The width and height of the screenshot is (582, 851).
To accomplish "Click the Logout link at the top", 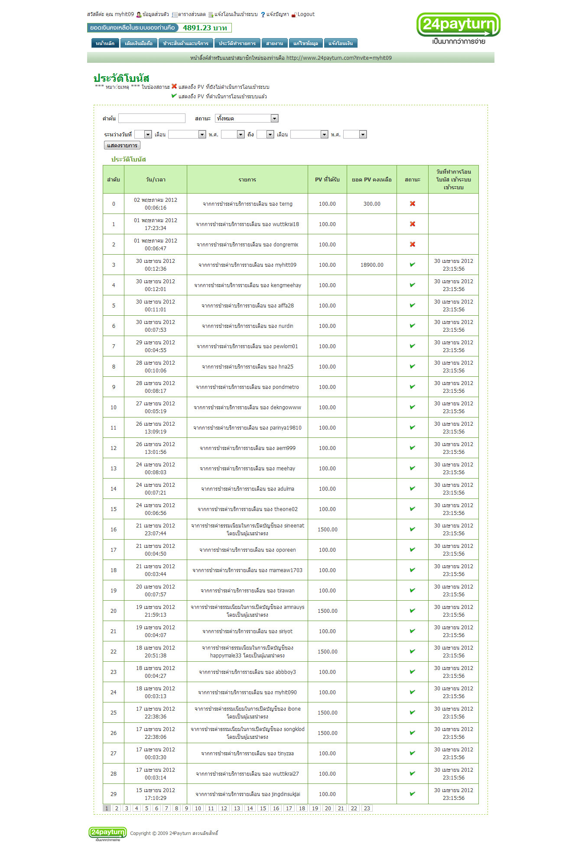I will pyautogui.click(x=306, y=14).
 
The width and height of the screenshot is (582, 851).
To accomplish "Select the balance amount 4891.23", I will pyautogui.click(x=205, y=28).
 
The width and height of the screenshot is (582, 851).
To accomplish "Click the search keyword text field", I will pyautogui.click(x=152, y=118).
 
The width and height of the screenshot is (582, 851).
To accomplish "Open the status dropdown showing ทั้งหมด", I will pyautogui.click(x=246, y=118).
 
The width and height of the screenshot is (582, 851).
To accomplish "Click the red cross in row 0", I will pyautogui.click(x=413, y=204).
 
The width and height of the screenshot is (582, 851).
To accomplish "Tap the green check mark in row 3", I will pyautogui.click(x=413, y=265).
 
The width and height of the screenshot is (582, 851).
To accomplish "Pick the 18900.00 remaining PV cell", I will pyautogui.click(x=372, y=265).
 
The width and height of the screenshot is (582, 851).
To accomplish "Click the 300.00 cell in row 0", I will pyautogui.click(x=372, y=204).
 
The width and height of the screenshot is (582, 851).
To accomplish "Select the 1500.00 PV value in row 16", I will pyautogui.click(x=327, y=530).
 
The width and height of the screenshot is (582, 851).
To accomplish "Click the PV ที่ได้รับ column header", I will pyautogui.click(x=327, y=180).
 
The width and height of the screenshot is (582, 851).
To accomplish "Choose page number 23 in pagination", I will pyautogui.click(x=367, y=808).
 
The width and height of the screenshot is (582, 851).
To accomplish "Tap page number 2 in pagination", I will pyautogui.click(x=117, y=808).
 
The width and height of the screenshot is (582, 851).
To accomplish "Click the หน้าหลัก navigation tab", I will pyautogui.click(x=105, y=43).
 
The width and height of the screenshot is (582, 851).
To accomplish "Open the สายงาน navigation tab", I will pyautogui.click(x=274, y=43).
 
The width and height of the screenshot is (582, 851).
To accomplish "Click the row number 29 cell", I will pyautogui.click(x=114, y=794).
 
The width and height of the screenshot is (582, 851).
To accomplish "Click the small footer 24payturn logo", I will pyautogui.click(x=107, y=833).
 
